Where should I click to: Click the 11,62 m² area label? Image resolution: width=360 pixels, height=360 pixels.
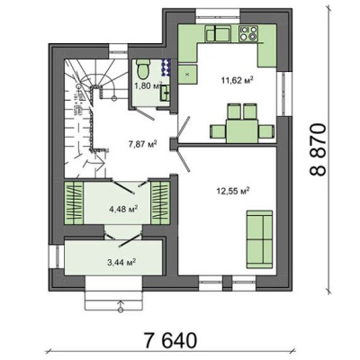(237, 81)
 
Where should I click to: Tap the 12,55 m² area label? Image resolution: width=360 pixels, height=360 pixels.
(233, 191)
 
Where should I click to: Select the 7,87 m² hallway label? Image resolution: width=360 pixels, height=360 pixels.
(143, 145)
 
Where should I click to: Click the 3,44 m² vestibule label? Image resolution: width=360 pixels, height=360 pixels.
(121, 262)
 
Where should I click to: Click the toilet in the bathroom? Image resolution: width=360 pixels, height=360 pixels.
(143, 68)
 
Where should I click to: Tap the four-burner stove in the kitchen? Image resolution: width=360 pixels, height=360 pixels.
(248, 33)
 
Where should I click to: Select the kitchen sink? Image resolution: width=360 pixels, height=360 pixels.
(218, 33)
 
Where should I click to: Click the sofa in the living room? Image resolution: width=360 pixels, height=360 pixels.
(260, 239)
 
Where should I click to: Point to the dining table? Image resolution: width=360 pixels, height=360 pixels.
(242, 131)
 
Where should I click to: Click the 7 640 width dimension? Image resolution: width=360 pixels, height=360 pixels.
(171, 340)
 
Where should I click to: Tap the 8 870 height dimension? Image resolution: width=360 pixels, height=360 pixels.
(318, 149)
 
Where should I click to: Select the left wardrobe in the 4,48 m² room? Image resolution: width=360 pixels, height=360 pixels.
(74, 202)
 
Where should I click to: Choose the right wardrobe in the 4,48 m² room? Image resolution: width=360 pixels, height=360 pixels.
(160, 202)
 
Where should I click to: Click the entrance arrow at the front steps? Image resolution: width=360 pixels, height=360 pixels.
(121, 305)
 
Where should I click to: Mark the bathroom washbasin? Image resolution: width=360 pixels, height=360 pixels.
(166, 93)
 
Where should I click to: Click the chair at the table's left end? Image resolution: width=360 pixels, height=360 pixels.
(218, 131)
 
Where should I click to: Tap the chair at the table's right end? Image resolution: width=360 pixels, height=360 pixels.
(266, 131)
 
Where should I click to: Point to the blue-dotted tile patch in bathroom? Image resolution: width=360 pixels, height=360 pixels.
(166, 67)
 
